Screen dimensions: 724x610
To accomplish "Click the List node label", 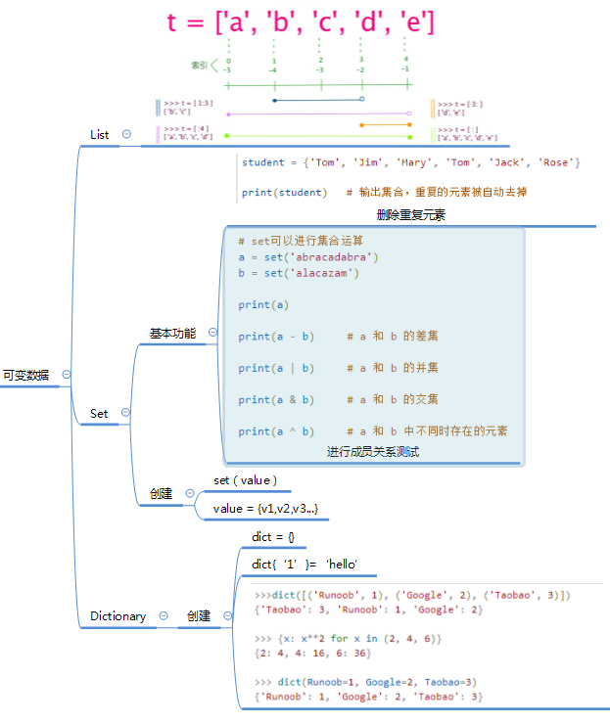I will pyautogui.click(x=99, y=134).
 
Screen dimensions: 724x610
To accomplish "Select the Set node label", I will pyautogui.click(x=99, y=413).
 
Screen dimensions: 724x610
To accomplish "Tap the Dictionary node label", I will pyautogui.click(x=117, y=615).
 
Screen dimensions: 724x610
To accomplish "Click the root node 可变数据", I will pyautogui.click(x=25, y=374).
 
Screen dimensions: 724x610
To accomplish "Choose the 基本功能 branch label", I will pyautogui.click(x=172, y=334).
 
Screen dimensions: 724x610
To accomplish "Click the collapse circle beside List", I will pyautogui.click(x=126, y=134).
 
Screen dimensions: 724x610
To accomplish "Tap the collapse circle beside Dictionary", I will pyautogui.click(x=163, y=615).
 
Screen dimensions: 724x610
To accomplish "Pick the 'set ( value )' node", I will pyautogui.click(x=245, y=479).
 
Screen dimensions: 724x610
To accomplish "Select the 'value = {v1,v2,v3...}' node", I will pyautogui.click(x=265, y=508).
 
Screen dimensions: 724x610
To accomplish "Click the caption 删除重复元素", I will pyautogui.click(x=410, y=214).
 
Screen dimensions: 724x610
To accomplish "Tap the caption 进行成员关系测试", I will pyautogui.click(x=373, y=451).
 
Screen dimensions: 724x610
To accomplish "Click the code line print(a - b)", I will pyautogui.click(x=276, y=337).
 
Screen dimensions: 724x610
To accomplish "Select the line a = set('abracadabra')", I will pyautogui.click(x=308, y=257).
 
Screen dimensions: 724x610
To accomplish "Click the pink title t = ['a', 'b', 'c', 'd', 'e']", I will pyautogui.click(x=302, y=22).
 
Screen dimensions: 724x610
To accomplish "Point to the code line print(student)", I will pyautogui.click(x=285, y=193).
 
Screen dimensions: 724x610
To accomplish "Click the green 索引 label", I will pyautogui.click(x=199, y=66).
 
